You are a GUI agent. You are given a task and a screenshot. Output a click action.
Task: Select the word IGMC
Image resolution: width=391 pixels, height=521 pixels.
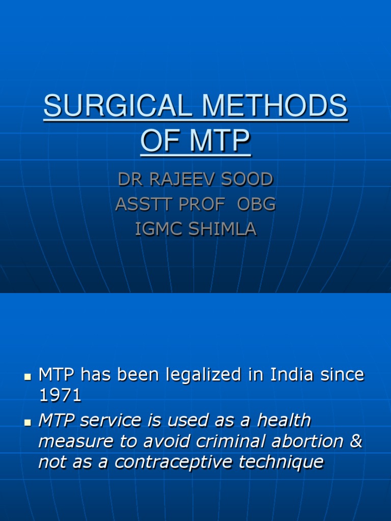point(156,229)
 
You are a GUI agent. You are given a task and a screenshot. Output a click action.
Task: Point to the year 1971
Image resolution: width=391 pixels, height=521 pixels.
point(60,396)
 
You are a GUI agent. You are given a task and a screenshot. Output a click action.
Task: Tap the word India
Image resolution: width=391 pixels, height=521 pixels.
point(298,375)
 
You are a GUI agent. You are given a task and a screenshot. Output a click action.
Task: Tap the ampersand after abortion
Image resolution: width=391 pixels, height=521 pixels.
point(356,441)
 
